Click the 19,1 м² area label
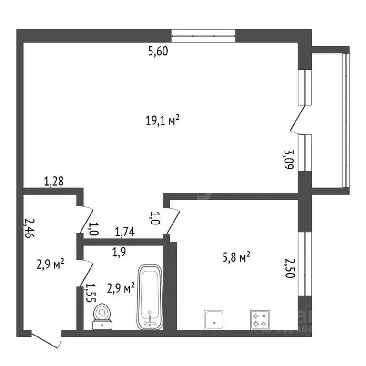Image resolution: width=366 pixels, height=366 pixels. (x=162, y=121)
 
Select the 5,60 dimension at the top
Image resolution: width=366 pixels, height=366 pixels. (x=158, y=52)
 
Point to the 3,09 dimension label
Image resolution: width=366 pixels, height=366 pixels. (x=288, y=161)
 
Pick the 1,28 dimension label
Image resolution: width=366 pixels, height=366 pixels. (x=54, y=181)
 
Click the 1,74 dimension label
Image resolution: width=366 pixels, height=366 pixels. (x=125, y=232)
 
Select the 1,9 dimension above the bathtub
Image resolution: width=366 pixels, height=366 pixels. (x=119, y=253)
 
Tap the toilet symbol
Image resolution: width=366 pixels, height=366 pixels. (x=101, y=317)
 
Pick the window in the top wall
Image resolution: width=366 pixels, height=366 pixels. (x=203, y=36)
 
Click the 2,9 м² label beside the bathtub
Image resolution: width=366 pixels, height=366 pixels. (x=120, y=287)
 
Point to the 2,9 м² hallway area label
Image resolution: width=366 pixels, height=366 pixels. (x=51, y=264)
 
